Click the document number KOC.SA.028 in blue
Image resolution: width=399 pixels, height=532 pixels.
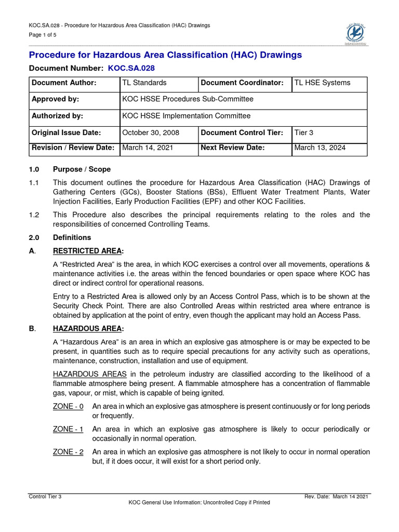[x=131, y=68]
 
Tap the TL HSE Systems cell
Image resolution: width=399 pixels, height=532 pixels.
[x=322, y=83]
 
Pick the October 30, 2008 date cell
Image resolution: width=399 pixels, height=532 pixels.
[x=151, y=133]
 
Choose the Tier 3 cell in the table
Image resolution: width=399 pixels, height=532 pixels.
[x=304, y=133]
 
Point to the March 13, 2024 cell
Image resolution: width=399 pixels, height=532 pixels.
[x=320, y=148]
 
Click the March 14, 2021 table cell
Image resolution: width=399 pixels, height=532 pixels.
[x=148, y=148]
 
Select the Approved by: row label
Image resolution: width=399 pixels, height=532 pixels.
[x=56, y=99]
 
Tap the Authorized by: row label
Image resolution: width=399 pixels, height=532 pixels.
[x=58, y=116]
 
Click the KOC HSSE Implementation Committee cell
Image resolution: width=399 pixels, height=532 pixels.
[x=186, y=116]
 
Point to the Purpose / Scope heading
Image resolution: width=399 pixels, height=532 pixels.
[x=82, y=169]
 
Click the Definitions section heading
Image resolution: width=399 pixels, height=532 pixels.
[x=72, y=237]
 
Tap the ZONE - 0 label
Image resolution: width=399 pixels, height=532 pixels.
[x=68, y=406]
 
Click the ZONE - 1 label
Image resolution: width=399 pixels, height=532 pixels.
[x=68, y=429]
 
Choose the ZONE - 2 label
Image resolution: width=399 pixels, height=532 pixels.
[x=68, y=452]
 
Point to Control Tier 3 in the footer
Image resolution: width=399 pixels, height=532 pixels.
[x=45, y=497]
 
